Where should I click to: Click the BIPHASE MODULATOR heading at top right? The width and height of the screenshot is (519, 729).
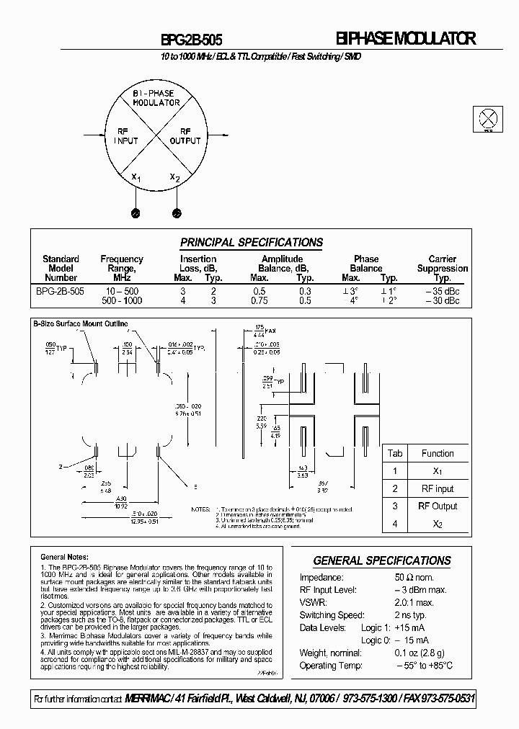[x=406, y=40]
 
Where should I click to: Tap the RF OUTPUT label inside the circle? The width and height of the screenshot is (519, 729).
[x=185, y=136]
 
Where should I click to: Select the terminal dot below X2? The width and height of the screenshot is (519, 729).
[x=176, y=213]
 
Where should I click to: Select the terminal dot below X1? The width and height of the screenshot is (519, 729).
[x=135, y=213]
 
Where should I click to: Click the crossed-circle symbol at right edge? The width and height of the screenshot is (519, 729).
[x=488, y=119]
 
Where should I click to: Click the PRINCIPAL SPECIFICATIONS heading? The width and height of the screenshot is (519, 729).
[x=252, y=243]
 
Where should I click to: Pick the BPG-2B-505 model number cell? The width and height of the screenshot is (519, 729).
[x=61, y=291]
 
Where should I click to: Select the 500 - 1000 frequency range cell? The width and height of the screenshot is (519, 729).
[x=121, y=300]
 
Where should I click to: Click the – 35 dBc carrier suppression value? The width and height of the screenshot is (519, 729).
[x=442, y=291]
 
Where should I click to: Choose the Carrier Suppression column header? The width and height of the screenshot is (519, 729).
[x=442, y=268]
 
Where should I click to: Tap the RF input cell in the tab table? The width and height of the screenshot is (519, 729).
[x=438, y=488]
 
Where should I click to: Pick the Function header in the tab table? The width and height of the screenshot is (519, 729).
[x=438, y=453]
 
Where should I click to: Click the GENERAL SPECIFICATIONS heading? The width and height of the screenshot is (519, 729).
[x=382, y=560]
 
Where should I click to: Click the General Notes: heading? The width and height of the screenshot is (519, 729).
[x=65, y=557]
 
